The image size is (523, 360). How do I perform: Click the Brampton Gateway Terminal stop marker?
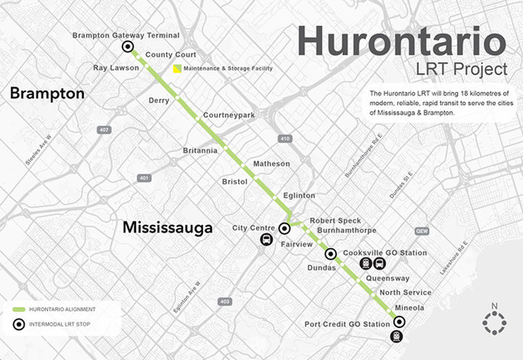128,47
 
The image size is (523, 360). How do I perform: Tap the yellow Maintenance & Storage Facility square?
177,69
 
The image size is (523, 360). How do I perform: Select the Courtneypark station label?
229,115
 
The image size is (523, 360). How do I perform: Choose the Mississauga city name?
168,228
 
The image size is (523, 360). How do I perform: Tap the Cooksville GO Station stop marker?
331,254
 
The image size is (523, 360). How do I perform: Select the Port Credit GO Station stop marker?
398,322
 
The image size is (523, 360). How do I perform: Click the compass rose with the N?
493,322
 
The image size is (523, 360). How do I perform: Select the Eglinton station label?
299,196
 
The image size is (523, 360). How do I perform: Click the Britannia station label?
200,151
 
